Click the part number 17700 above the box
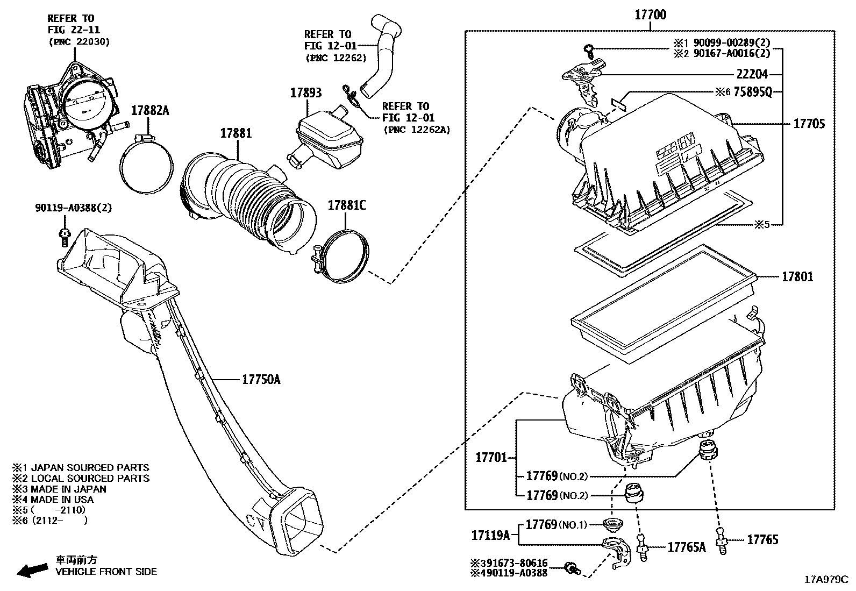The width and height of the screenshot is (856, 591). [x=650, y=15]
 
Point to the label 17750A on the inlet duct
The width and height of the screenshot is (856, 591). [x=261, y=380]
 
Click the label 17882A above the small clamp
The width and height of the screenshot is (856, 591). [x=150, y=111]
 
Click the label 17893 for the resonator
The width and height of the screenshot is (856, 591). [x=306, y=92]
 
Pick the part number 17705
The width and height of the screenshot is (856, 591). [x=809, y=124]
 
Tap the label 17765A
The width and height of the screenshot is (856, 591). [x=686, y=547]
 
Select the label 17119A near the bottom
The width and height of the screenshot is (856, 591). [x=490, y=535]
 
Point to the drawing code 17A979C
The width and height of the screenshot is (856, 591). [x=825, y=579]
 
